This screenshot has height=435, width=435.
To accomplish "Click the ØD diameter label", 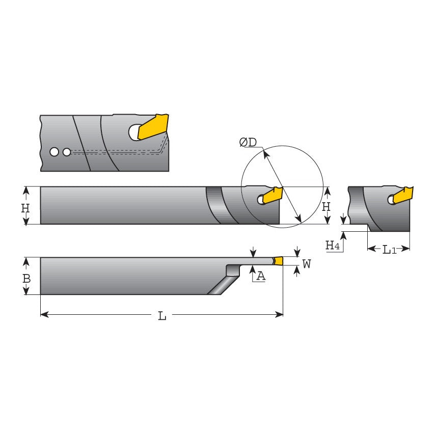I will (x=248, y=143).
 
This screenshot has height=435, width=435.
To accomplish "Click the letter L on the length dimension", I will (x=162, y=316).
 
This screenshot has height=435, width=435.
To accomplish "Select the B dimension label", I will (x=26, y=279).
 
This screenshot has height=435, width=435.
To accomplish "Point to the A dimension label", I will (x=261, y=276).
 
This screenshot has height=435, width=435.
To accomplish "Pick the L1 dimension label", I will (x=389, y=250).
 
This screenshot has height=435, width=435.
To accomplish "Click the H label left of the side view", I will (x=25, y=208).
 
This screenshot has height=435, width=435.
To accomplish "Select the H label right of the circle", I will (x=327, y=207).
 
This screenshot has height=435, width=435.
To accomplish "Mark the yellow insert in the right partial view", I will (x=403, y=196).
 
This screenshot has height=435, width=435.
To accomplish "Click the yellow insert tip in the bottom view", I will (x=278, y=261).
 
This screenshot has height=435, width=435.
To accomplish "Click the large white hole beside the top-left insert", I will (x=135, y=132).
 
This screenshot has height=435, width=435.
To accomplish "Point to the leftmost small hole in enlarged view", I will (x=54, y=152).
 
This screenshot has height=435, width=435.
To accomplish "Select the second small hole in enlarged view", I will (x=67, y=152).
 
